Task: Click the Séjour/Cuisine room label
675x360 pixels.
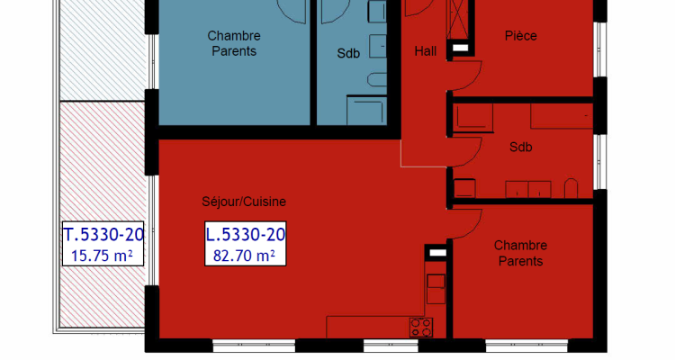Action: coord(244,201)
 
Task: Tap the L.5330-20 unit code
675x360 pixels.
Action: coord(246,236)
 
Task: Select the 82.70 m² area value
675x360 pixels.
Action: coord(246,256)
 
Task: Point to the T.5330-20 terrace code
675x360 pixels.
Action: coord(103,236)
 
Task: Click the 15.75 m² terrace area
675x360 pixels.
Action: coord(103,256)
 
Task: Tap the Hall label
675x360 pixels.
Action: coord(425,51)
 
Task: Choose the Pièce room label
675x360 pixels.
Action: coord(519,36)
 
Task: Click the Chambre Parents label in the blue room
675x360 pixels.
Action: coord(233,43)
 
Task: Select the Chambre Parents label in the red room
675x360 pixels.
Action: coord(519,253)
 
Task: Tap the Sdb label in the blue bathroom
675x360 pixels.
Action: coord(348,53)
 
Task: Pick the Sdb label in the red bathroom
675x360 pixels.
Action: coord(520,147)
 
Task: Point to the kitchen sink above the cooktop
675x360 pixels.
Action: coord(436,289)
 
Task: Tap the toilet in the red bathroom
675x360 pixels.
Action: coord(570,188)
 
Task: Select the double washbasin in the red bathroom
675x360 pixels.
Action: coord(527,188)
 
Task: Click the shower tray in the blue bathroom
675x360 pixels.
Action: coord(366,110)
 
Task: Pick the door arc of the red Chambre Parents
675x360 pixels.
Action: coord(466,216)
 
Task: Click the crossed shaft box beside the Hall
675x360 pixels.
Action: coord(459,19)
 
